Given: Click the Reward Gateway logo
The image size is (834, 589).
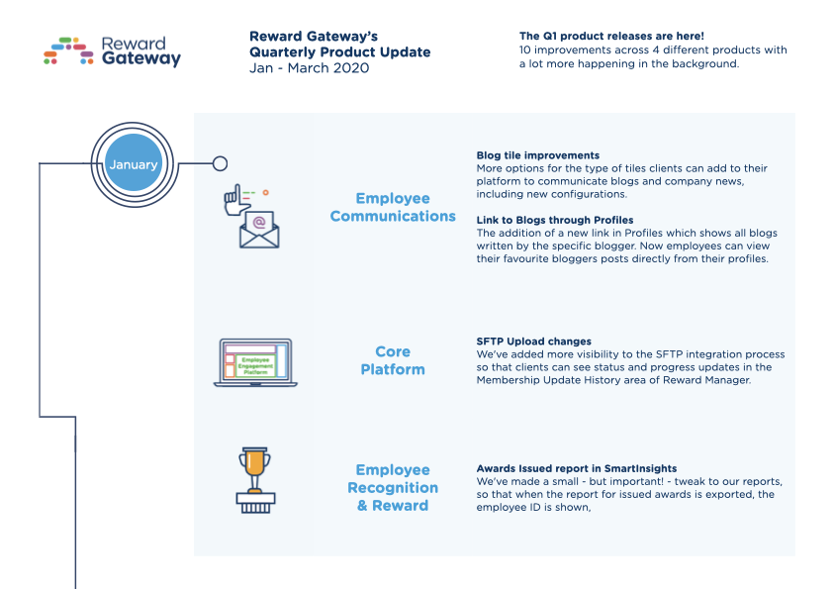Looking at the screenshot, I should tap(112, 51).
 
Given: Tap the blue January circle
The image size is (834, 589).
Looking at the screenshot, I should tap(133, 164).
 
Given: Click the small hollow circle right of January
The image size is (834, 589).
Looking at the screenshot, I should tap(220, 163).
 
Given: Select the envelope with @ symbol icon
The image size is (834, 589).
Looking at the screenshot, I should tap(259, 229).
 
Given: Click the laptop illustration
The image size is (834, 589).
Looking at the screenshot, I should tap(255, 362).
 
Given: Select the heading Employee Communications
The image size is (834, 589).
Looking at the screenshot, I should tap(393, 207).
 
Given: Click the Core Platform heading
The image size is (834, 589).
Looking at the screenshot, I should tap(393, 360).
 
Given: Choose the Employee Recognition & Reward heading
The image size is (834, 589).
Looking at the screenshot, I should tap(393, 487).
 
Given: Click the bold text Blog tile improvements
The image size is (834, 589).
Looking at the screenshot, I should tap(537, 155).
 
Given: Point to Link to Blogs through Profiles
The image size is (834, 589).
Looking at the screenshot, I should tap(555, 220).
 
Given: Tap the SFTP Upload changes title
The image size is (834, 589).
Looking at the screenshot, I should tap(533, 342).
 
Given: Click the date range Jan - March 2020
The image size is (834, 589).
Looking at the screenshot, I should tap(309, 68).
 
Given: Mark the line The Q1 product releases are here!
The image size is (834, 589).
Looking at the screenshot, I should tap(611, 36).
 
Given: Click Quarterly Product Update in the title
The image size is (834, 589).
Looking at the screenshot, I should tap(339, 52).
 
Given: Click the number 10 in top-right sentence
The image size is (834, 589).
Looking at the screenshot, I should tap(525, 49).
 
